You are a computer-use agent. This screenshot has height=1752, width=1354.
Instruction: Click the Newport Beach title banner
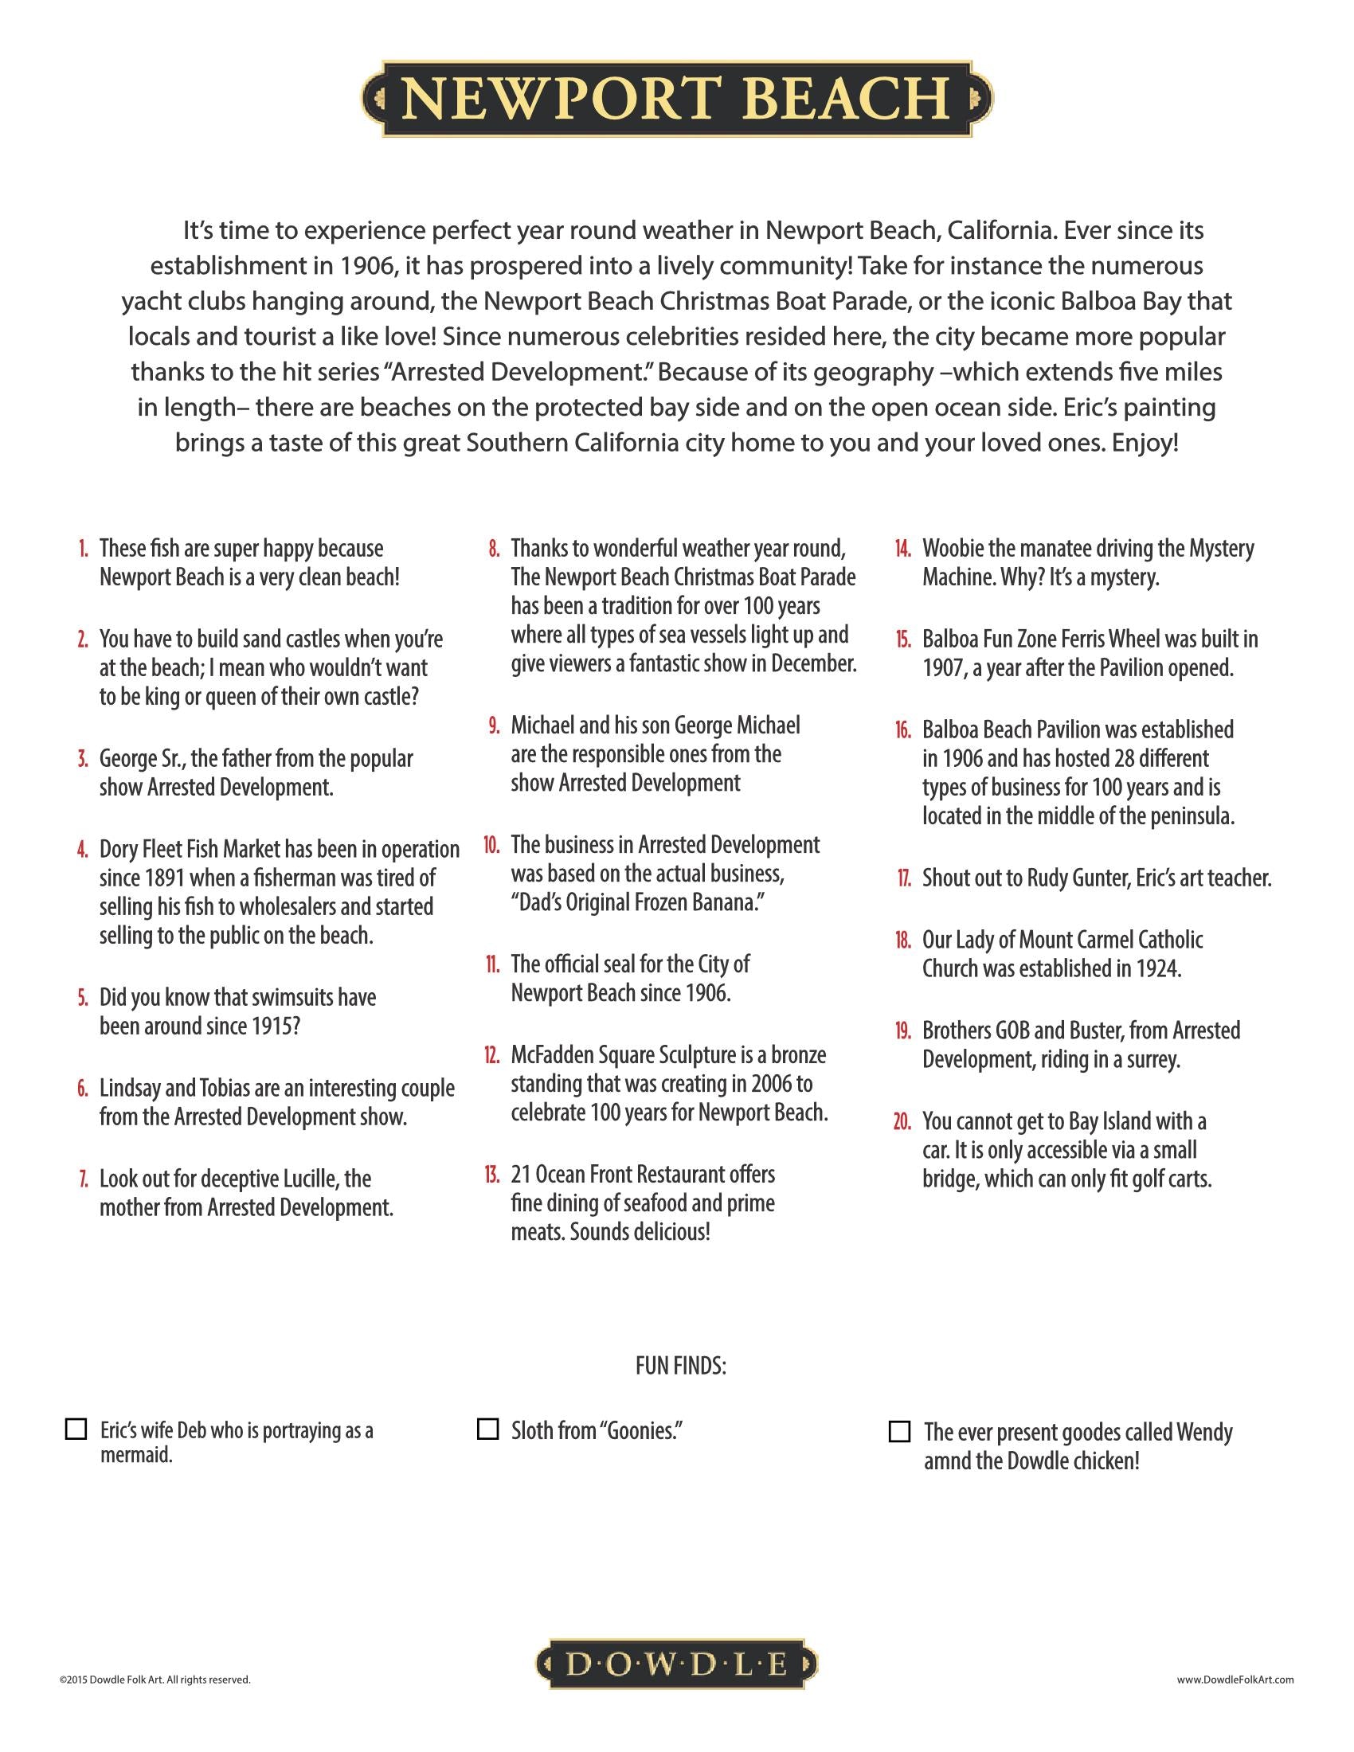[x=677, y=99]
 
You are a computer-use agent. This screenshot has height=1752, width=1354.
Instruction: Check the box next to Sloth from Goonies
[x=487, y=1429]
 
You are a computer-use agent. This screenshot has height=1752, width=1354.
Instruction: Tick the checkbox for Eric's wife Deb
[x=76, y=1429]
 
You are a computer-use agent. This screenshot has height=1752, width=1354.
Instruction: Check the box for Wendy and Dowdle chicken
[x=900, y=1431]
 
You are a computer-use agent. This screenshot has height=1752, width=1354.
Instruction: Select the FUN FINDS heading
[x=680, y=1366]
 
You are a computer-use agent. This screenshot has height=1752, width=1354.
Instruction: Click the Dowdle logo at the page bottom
[x=676, y=1664]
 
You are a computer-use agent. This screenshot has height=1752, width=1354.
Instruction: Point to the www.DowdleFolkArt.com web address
[x=1235, y=1679]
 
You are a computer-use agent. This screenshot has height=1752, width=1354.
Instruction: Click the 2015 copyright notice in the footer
[x=155, y=1679]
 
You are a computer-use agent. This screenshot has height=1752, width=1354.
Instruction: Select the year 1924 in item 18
[x=1157, y=969]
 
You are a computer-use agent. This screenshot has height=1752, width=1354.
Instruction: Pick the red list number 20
[x=902, y=1121]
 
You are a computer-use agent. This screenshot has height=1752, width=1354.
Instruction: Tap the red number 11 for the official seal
[x=492, y=964]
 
